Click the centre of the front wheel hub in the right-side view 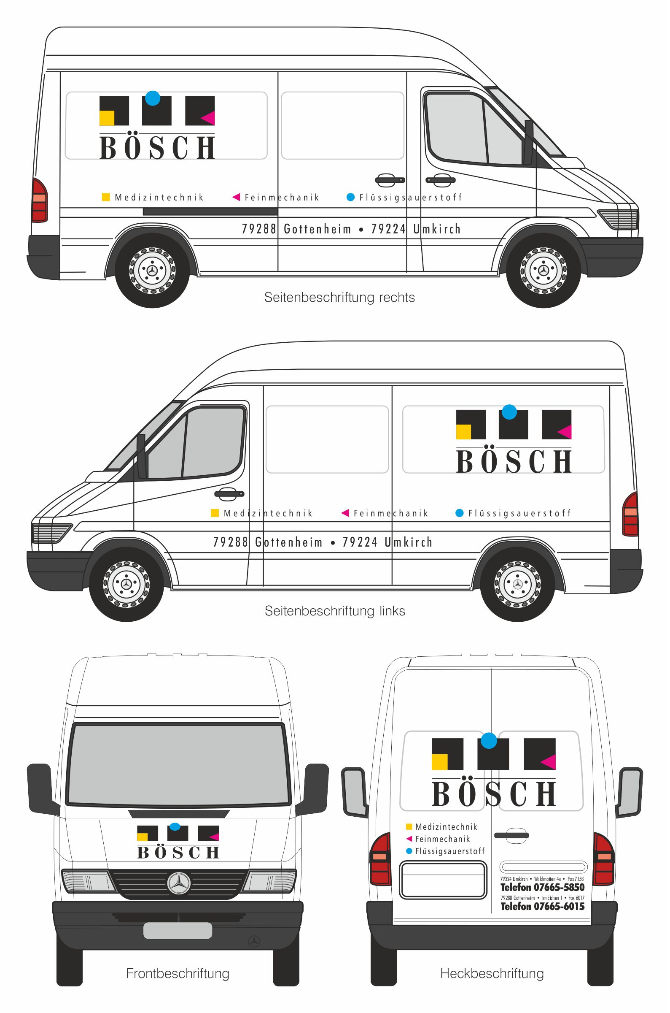(x=544, y=270)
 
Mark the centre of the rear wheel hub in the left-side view (x=517, y=584)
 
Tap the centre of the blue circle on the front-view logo (x=175, y=826)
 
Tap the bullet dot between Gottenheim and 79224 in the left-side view (x=332, y=543)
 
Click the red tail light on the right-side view (x=40, y=200)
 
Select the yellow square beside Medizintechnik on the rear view (x=409, y=826)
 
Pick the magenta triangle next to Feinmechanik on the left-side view (x=345, y=513)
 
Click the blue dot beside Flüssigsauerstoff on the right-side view (x=350, y=197)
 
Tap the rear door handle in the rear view (x=511, y=835)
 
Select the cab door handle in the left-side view (x=229, y=494)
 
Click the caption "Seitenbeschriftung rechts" (x=340, y=297)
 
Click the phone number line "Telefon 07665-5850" (x=542, y=887)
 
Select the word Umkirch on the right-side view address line (x=437, y=229)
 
